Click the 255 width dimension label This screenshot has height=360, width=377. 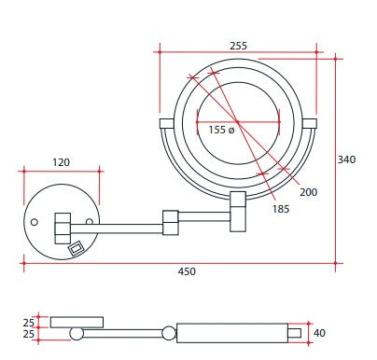(x=238, y=46)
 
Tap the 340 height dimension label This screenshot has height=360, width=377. (x=346, y=159)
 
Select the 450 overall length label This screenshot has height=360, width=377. (x=187, y=271)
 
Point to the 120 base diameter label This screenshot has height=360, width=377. (x=62, y=162)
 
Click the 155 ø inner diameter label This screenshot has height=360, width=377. (x=221, y=130)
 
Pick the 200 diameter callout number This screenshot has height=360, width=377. (x=308, y=192)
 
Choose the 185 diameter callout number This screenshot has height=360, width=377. (x=281, y=209)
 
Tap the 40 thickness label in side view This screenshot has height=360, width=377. (x=319, y=333)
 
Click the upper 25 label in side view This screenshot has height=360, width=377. (x=28, y=323)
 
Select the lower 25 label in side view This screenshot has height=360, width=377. (x=28, y=334)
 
